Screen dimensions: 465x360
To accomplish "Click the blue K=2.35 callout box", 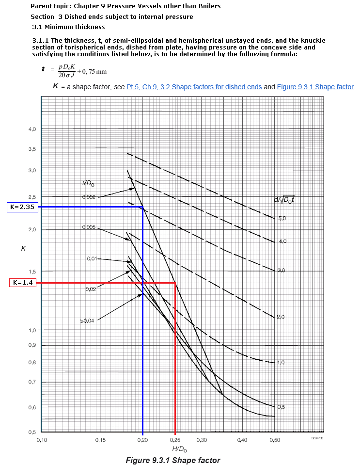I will (x=22, y=207).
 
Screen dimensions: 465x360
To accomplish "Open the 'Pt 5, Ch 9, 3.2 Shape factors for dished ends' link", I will (x=194, y=87).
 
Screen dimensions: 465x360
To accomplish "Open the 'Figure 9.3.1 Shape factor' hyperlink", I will (x=315, y=87).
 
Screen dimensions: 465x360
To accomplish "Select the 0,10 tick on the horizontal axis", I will (x=41, y=440).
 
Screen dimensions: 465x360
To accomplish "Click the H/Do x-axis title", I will (x=179, y=449).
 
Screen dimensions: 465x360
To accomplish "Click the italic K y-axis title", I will (x=23, y=248).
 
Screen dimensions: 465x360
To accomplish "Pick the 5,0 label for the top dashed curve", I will (x=282, y=219).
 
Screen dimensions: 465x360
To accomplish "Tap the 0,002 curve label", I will (x=89, y=197).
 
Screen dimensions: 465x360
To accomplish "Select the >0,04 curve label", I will (x=88, y=321).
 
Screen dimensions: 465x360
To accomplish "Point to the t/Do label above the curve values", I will (x=89, y=183).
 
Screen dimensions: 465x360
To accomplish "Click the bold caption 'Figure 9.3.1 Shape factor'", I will (x=172, y=460).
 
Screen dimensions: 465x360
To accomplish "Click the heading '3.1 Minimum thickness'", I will (x=68, y=27).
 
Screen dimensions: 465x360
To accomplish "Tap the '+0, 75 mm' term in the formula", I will (x=92, y=72).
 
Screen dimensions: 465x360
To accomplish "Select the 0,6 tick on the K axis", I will (x=31, y=407).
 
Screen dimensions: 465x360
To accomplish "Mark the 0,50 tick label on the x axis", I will (x=275, y=440).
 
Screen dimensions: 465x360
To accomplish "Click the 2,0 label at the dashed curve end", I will (x=281, y=317).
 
